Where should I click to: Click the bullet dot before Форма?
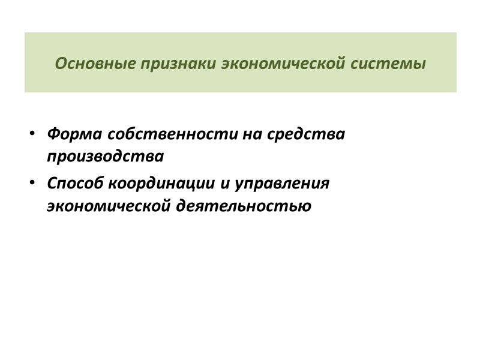(34, 133)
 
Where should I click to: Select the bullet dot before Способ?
(34, 182)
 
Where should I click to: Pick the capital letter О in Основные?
(60, 64)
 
